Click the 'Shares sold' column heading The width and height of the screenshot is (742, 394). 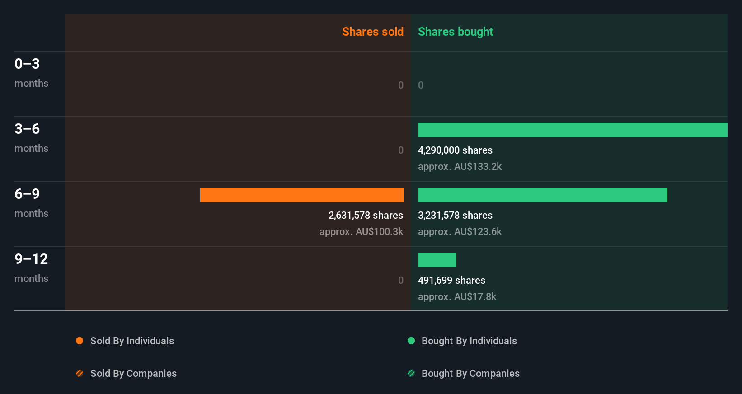pos(372,32)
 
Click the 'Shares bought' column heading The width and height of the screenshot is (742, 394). pos(455,32)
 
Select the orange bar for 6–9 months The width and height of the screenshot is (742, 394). pos(301,195)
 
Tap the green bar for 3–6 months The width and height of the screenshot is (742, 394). pos(572,130)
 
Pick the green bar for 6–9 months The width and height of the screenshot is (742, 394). pos(542,195)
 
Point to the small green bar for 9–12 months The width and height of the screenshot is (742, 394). pos(437,260)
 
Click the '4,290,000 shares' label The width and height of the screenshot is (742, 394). pos(455,150)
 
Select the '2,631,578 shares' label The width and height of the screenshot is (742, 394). pos(366,215)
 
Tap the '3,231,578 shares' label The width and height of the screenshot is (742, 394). pos(455,215)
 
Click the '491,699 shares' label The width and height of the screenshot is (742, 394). pos(451,280)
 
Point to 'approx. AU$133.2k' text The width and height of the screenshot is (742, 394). pos(460,166)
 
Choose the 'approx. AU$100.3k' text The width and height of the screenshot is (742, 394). pos(361,231)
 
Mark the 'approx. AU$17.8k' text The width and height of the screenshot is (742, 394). pos(457,296)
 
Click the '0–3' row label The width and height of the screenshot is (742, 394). pos(27,64)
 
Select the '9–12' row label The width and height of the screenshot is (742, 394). pos(31,259)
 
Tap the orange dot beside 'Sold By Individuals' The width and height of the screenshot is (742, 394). pos(80,341)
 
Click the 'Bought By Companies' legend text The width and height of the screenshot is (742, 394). pos(470,373)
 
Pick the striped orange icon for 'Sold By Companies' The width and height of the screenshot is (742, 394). pos(80,373)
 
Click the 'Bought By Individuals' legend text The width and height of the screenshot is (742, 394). pos(469,341)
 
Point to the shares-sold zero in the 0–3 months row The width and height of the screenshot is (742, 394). pos(400,85)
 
